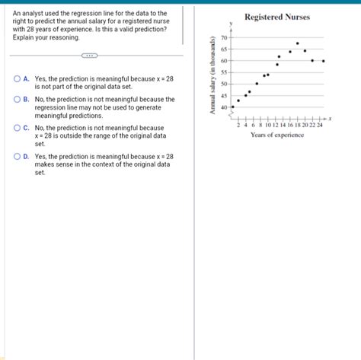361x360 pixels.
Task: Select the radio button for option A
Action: pyautogui.click(x=17, y=78)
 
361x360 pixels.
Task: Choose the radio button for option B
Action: pyautogui.click(x=17, y=99)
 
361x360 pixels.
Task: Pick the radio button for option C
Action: pyautogui.click(x=17, y=128)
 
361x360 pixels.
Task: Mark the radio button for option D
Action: pyautogui.click(x=17, y=156)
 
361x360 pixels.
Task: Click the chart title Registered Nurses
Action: pyautogui.click(x=277, y=17)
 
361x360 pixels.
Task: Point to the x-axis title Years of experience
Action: pyautogui.click(x=277, y=135)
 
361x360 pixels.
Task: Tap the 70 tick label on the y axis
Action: pyautogui.click(x=223, y=37)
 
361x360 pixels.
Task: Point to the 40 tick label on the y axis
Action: pyautogui.click(x=223, y=107)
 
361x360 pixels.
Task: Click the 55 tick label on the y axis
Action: pyautogui.click(x=223, y=72)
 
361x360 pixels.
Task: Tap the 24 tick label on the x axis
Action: pyautogui.click(x=319, y=125)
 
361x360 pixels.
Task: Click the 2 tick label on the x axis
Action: pyautogui.click(x=238, y=125)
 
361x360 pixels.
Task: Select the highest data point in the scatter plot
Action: pyautogui.click(x=298, y=43)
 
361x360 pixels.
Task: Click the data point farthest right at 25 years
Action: pyautogui.click(x=324, y=61)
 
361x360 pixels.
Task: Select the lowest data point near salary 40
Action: pyautogui.click(x=233, y=107)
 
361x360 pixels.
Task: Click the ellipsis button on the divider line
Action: pyautogui.click(x=89, y=56)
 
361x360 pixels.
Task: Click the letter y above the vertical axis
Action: pyautogui.click(x=232, y=24)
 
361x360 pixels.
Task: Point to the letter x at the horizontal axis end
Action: pyautogui.click(x=330, y=119)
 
